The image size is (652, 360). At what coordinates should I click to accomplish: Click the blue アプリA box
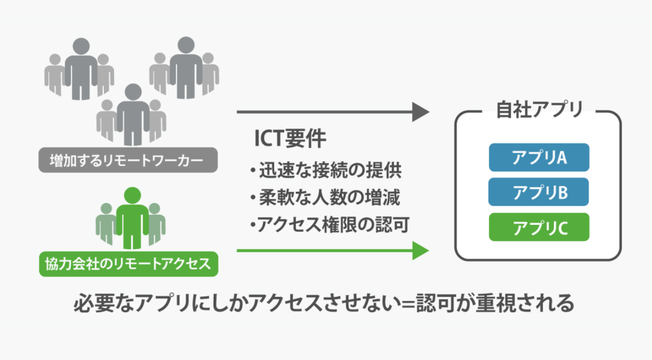point(539,157)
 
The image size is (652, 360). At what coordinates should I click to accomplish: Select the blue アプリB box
point(539,192)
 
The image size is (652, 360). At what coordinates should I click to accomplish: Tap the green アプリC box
point(539,227)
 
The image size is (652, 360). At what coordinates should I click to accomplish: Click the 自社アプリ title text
point(539,110)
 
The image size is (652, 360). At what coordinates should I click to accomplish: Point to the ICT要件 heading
point(290,138)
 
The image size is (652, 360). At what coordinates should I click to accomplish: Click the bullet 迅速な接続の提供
point(326,170)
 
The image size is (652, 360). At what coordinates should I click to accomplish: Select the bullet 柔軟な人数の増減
point(325,198)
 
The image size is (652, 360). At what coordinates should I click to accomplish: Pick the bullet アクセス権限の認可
point(330,224)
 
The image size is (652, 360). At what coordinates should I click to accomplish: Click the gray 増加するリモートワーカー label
point(128,160)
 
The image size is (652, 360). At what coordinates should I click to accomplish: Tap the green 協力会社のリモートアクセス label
point(129,264)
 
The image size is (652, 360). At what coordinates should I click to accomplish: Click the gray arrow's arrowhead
point(421,112)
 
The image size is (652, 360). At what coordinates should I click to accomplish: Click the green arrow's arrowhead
point(421,250)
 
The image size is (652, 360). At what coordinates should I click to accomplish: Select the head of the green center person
point(132,196)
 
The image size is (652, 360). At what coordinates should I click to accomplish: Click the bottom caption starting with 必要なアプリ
point(324,303)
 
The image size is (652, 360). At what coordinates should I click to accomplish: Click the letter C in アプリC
point(561,228)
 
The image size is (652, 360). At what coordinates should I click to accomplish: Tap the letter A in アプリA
point(561,158)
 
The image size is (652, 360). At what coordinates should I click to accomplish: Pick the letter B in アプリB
point(561,193)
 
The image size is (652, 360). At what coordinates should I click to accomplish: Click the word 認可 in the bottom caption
point(436,303)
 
